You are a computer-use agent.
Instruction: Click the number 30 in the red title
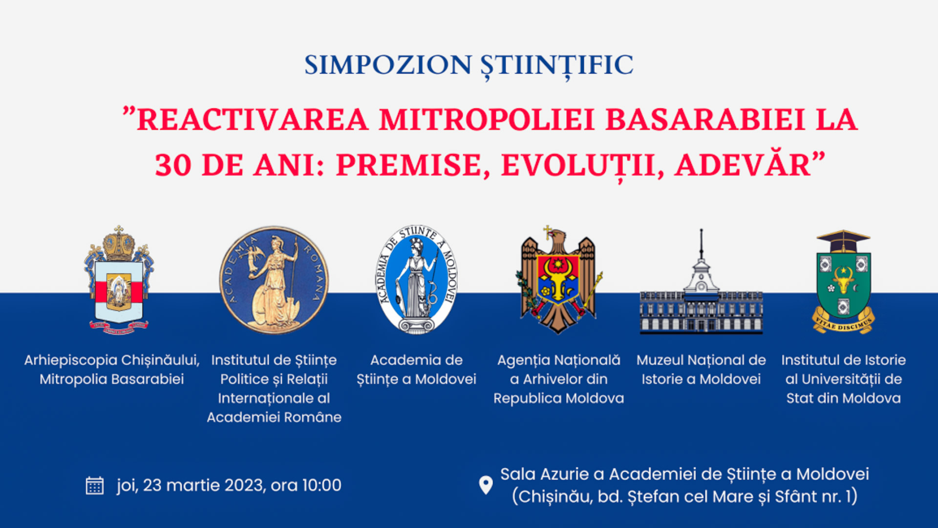[x=173, y=165]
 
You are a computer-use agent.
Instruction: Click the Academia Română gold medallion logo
[x=274, y=280]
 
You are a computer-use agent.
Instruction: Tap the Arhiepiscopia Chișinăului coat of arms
[x=119, y=281]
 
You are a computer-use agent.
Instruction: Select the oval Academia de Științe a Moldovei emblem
[x=416, y=280]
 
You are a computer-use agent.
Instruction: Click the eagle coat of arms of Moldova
[x=558, y=281]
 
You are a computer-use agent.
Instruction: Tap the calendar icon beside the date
[x=94, y=485]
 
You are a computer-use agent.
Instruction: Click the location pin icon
[x=486, y=485]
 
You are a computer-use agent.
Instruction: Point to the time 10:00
[x=321, y=485]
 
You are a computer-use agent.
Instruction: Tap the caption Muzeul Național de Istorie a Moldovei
[x=701, y=370]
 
